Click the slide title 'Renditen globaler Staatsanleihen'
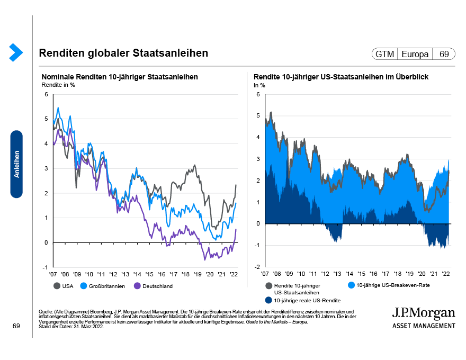[x=123, y=53]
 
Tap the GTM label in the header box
[x=384, y=54]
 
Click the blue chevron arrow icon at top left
[x=16, y=51]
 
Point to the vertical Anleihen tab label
[x=16, y=164]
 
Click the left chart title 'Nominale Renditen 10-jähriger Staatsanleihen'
[x=120, y=77]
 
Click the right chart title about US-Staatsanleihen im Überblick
[x=341, y=77]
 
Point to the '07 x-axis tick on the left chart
[x=53, y=274]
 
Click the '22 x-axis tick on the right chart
[x=446, y=274]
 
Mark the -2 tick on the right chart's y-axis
[x=257, y=267]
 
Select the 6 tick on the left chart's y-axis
[x=46, y=95]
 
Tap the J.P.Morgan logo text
[x=423, y=313]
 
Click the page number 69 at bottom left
[x=16, y=327]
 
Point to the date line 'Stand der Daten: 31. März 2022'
[x=71, y=326]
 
